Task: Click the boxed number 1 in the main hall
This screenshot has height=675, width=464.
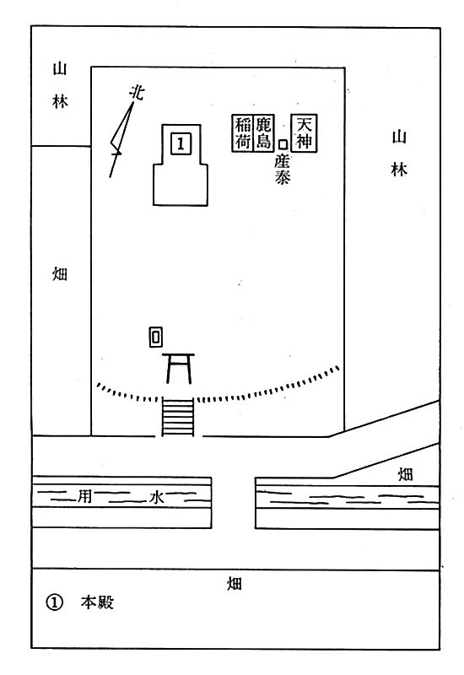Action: click(x=181, y=143)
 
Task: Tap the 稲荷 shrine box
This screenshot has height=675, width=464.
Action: click(x=242, y=133)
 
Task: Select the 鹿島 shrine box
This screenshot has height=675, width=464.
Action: click(x=263, y=133)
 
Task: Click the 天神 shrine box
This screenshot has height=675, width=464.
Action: click(x=305, y=133)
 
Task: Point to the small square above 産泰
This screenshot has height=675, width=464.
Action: click(x=283, y=144)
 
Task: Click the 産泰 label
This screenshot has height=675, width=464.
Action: click(x=283, y=170)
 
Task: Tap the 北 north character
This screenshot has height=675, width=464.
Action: click(x=137, y=93)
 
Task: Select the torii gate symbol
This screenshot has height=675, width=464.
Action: click(x=178, y=368)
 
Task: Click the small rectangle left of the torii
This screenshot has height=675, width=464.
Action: click(x=156, y=337)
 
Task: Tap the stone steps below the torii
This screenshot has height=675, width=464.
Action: click(x=178, y=417)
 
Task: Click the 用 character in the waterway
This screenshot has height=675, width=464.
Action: click(x=84, y=497)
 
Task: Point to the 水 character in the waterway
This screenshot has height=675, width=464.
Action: click(x=156, y=497)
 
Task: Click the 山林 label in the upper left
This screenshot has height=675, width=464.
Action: click(x=60, y=85)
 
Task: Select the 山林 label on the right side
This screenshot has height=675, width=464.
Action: click(x=399, y=154)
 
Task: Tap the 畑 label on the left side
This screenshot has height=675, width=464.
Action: click(x=60, y=273)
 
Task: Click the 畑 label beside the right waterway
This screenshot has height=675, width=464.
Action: click(x=405, y=474)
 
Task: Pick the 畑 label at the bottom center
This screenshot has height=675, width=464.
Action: click(x=235, y=584)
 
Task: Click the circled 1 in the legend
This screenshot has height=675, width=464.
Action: click(x=54, y=602)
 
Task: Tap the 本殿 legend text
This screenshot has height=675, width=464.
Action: click(x=97, y=602)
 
